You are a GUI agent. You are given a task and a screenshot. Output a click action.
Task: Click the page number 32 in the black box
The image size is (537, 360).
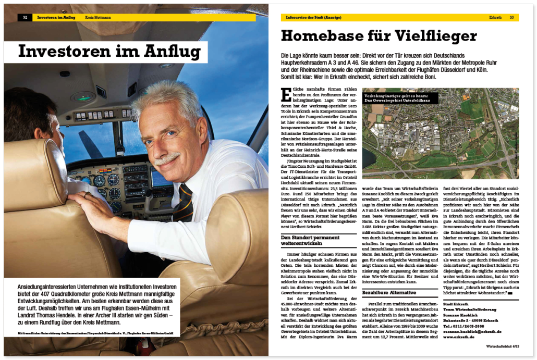[x=25, y=17]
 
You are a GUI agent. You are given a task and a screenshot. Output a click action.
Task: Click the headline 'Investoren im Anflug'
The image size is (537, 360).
[x=109, y=52]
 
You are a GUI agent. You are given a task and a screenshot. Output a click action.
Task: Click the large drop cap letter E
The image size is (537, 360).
[x=286, y=95]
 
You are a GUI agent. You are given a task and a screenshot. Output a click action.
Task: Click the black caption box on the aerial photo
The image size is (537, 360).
[x=399, y=98]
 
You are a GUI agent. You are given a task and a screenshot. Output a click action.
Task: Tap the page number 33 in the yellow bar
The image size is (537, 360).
[x=511, y=17]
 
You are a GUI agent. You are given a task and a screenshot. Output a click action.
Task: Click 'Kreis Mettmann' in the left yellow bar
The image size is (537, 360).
[x=99, y=17]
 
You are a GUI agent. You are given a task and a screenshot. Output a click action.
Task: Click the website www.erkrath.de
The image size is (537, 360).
[x=458, y=337]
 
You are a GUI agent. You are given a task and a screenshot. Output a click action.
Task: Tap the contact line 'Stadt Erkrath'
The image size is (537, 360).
[x=455, y=304]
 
